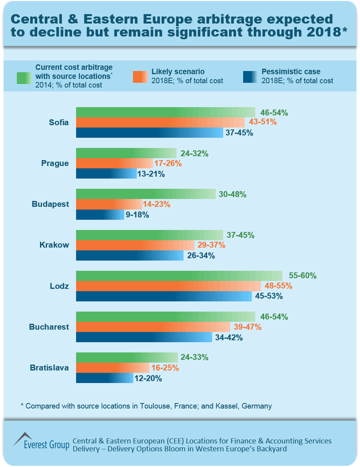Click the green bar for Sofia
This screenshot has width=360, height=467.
pyautogui.click(x=165, y=112)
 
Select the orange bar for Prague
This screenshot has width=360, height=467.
pyautogui.click(x=114, y=163)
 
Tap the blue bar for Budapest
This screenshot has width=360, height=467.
pyautogui.click(x=100, y=215)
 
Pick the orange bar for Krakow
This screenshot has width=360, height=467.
pyautogui.click(x=135, y=245)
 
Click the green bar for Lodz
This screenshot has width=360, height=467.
pyautogui.click(x=179, y=276)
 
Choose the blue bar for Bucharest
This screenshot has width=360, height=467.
pyautogui.click(x=144, y=337)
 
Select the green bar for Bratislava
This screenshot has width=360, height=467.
pyautogui.click(x=127, y=358)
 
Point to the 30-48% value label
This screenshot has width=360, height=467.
pyautogui.click(x=233, y=194)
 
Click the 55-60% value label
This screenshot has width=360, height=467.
pyautogui.click(x=302, y=275)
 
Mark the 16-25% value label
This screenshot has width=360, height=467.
pyautogui.click(x=165, y=368)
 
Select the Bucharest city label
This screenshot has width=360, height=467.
pyautogui.click(x=49, y=327)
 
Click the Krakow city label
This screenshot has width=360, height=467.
pyautogui.click(x=54, y=245)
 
